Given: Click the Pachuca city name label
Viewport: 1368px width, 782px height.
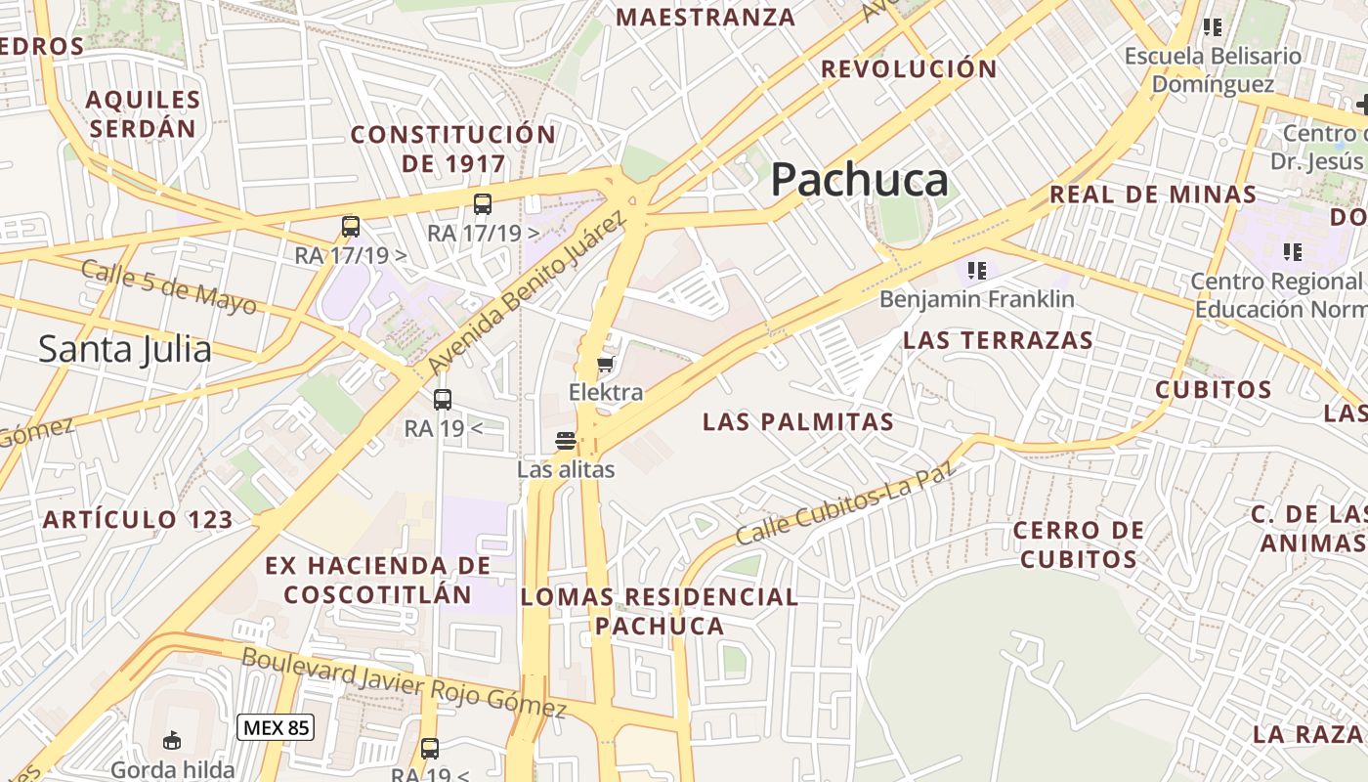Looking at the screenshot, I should click(x=859, y=181).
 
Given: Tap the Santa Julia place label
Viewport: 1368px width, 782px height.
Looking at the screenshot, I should click(x=125, y=349).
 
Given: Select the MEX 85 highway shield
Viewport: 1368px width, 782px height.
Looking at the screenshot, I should click(x=275, y=727).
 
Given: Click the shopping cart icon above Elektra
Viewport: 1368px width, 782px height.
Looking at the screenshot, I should click(x=606, y=366).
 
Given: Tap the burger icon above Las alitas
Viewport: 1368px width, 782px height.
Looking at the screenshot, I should click(x=565, y=441).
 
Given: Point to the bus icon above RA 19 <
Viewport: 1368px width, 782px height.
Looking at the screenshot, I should click(x=443, y=399).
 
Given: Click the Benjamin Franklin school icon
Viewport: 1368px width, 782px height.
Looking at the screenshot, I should click(x=976, y=270).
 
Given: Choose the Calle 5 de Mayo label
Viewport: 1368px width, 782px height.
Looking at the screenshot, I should click(x=169, y=287).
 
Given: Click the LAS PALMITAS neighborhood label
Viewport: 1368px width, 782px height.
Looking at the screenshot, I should click(x=797, y=422).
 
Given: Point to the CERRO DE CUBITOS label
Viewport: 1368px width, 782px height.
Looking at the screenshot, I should click(x=1078, y=544).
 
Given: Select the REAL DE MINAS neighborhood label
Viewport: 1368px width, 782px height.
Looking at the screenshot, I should click(x=1153, y=195).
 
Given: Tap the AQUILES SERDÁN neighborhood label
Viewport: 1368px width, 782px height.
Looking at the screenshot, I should click(x=143, y=113).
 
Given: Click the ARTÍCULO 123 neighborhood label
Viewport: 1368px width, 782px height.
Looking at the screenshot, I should click(x=138, y=520).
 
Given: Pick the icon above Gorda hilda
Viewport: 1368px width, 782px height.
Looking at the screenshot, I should click(x=172, y=740).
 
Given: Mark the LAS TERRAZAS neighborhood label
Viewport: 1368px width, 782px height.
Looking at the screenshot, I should click(x=998, y=340).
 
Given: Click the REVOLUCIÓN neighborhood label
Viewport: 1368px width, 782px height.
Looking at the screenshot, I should click(x=909, y=69).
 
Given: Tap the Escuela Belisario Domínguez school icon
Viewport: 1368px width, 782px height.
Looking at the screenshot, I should click(x=1213, y=27).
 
